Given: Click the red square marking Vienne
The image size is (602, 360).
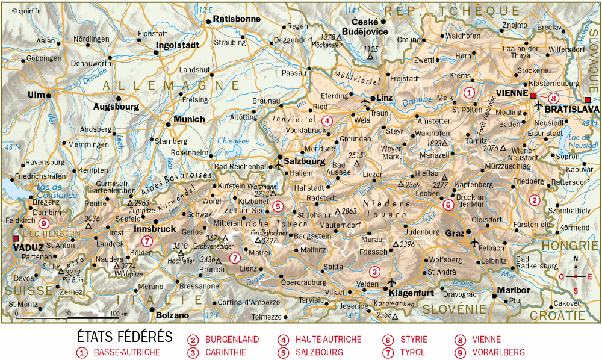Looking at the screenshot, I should [x=533, y=96].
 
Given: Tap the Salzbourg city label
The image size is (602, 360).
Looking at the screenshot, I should [x=305, y=161].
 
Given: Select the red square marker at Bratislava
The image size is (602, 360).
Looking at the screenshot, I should [x=588, y=100].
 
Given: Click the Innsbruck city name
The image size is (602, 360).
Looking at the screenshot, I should [x=155, y=229].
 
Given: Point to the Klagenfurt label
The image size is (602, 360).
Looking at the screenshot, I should [x=412, y=293].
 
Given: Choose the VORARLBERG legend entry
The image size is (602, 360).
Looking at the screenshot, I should [x=498, y=352].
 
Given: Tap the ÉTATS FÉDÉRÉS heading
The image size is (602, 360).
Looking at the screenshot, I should [x=125, y=337].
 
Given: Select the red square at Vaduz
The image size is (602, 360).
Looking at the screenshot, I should [x=15, y=239].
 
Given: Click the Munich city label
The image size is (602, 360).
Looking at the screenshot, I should [x=189, y=119].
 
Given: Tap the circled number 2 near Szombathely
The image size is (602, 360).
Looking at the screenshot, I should [x=533, y=200].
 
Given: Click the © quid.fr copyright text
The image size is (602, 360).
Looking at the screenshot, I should [x=22, y=10].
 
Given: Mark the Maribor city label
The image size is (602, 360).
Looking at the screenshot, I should [x=514, y=290].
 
